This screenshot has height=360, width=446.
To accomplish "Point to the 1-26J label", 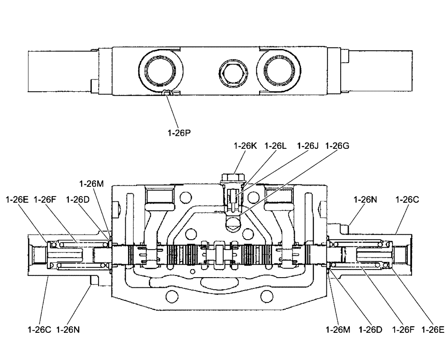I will coord(306,146).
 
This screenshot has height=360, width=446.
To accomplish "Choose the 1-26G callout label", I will coord(338,146).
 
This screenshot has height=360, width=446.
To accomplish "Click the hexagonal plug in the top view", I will coord(231,71).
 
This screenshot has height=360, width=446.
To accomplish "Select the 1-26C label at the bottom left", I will coord(39,330).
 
